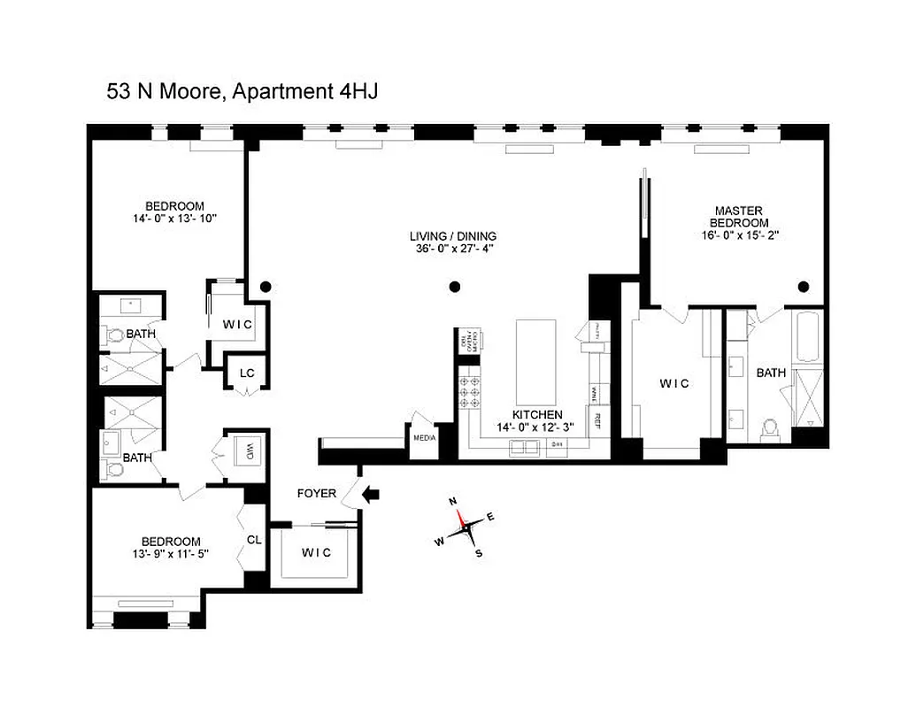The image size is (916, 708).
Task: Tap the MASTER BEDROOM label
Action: pyautogui.click(x=741, y=217)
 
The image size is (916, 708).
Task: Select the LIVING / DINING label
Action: pyautogui.click(x=452, y=236)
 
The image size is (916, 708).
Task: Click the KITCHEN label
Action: pyautogui.click(x=537, y=414)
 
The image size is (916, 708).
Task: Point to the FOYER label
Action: pyautogui.click(x=316, y=493)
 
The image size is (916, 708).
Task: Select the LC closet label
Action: pyautogui.click(x=247, y=373)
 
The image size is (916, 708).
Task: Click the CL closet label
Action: pyautogui.click(x=253, y=537)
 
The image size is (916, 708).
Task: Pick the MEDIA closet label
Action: pyautogui.click(x=422, y=437)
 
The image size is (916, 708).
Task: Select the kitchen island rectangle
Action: pyautogui.click(x=535, y=363)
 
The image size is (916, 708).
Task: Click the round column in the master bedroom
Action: pyautogui.click(x=804, y=286)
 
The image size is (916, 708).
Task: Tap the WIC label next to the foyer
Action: pyautogui.click(x=316, y=552)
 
